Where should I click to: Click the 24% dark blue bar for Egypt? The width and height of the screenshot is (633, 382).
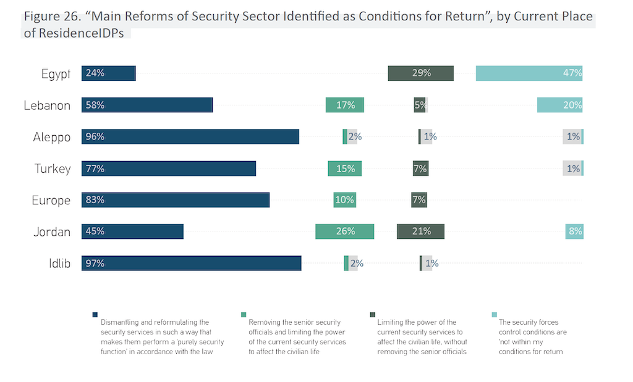pos(108,73)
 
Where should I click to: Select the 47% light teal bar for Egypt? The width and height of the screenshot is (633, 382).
pos(529,73)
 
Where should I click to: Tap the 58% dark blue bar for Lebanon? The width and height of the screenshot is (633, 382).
pos(147,105)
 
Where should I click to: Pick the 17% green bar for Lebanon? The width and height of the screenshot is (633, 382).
pos(345,105)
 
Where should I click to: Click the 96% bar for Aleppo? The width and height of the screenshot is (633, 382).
pos(190,136)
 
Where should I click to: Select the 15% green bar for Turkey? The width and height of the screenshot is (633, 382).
pos(345,168)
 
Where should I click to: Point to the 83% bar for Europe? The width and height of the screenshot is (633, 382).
pos(176,200)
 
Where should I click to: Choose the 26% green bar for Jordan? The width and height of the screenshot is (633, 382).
pos(345,231)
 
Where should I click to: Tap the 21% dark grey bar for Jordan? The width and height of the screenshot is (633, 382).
pos(420,231)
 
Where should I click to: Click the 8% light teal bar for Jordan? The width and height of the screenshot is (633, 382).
pos(574,231)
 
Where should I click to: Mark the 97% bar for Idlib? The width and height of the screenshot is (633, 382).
pos(192,263)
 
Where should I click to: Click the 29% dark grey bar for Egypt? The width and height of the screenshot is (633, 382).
pos(421,73)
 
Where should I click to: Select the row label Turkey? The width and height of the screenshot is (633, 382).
pos(53,168)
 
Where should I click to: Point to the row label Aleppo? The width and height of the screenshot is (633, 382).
pos(52,137)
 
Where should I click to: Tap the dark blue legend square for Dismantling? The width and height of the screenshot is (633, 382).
pos(94,314)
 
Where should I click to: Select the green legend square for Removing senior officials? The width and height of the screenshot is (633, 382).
pos(244,314)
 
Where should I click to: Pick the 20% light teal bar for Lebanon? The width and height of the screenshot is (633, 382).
pos(560,105)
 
